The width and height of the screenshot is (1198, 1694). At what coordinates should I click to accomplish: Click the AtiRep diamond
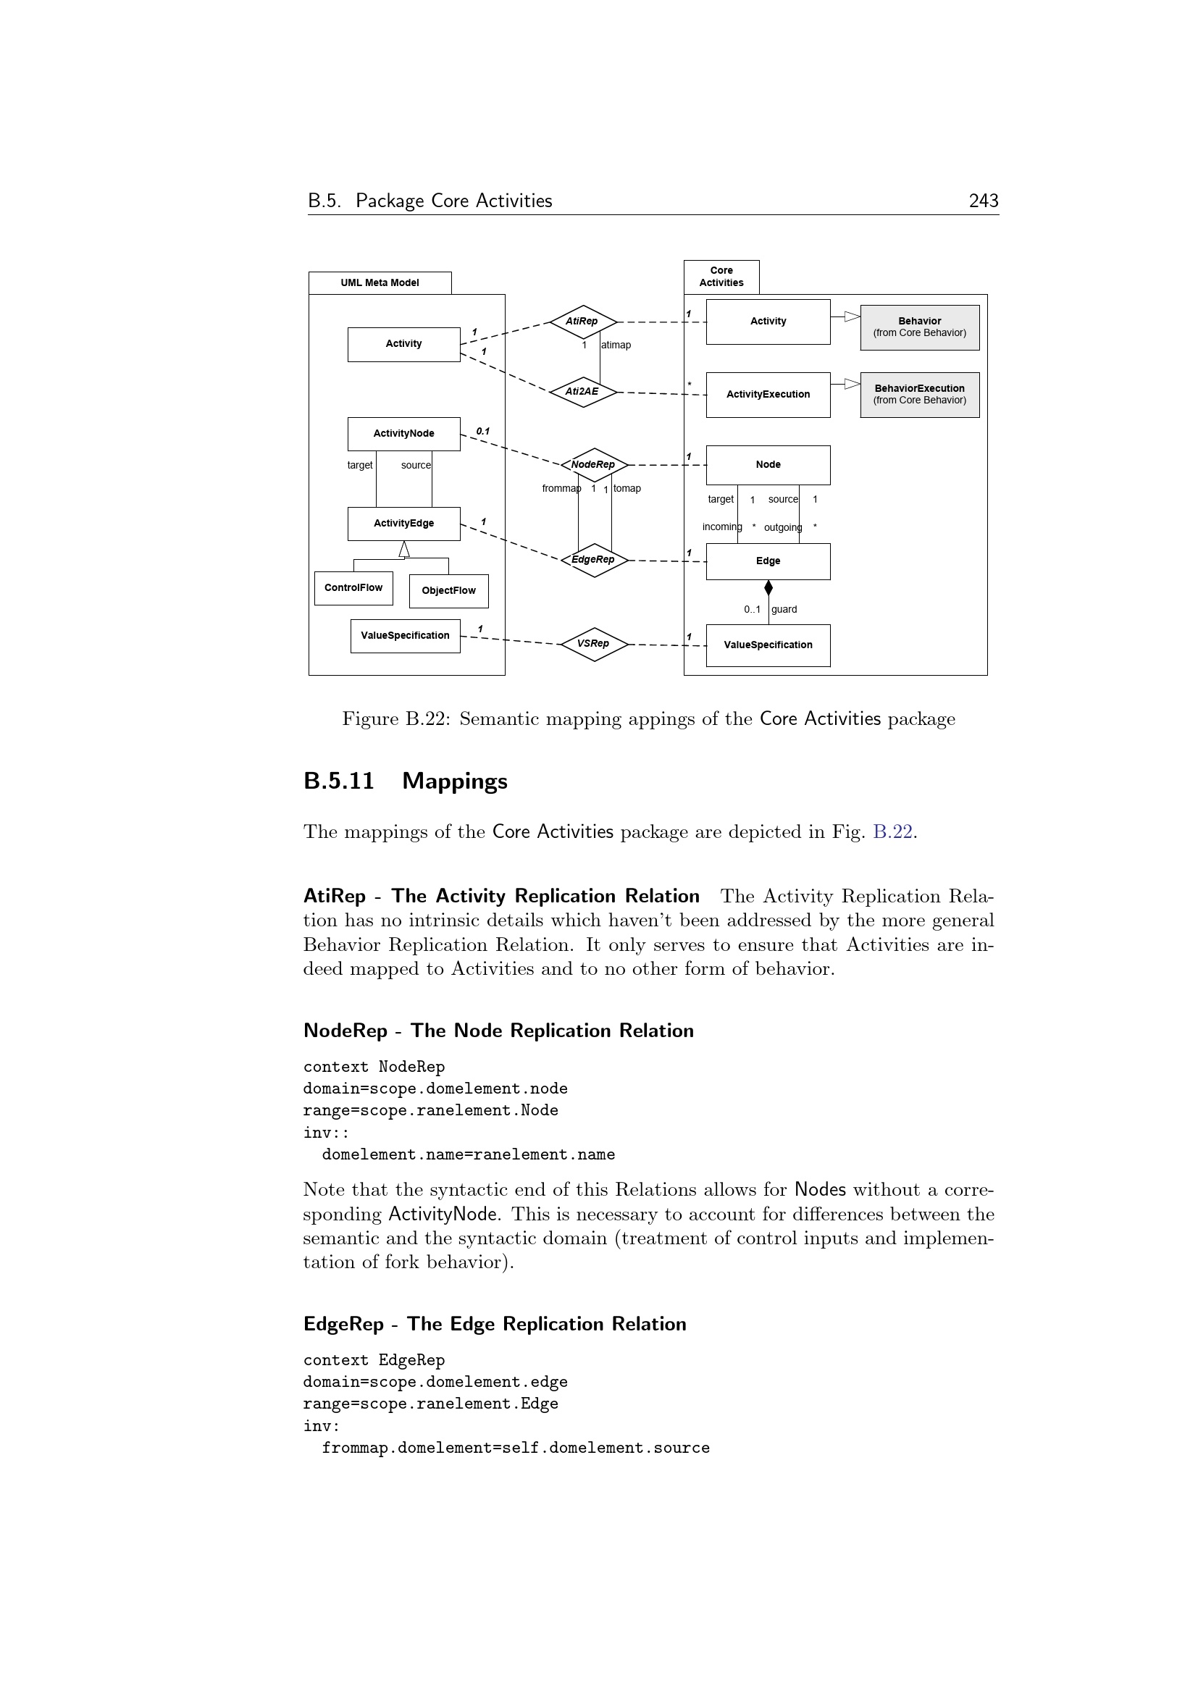tap(583, 322)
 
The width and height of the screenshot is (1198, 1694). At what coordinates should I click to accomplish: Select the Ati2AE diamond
tap(583, 392)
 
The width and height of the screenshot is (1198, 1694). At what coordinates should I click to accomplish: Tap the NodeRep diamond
tap(594, 465)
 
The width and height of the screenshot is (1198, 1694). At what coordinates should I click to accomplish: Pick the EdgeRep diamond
tap(594, 560)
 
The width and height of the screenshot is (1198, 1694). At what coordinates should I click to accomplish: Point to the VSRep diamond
tap(594, 644)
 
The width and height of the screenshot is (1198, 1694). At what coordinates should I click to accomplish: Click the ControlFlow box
tap(353, 588)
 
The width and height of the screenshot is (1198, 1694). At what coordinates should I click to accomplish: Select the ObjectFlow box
tap(448, 591)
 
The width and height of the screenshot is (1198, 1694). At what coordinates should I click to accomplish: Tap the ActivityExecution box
tap(768, 395)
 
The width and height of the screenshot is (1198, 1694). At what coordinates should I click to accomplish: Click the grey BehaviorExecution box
tap(919, 395)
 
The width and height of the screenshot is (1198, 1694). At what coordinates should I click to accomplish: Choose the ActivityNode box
tap(403, 434)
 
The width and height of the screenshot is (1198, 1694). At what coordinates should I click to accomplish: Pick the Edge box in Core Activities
tap(768, 561)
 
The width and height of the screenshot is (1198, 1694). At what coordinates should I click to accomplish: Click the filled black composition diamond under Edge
tap(768, 588)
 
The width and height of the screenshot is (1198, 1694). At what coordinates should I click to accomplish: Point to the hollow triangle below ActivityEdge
tap(404, 550)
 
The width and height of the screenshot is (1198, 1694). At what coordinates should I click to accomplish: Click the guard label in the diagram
tap(784, 609)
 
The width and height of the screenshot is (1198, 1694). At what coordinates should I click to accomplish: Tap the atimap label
tap(616, 345)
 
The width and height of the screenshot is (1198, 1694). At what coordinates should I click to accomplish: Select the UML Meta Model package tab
tap(380, 282)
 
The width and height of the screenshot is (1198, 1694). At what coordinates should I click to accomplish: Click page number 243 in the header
tap(984, 201)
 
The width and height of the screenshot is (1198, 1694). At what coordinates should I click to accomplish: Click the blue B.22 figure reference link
tap(892, 832)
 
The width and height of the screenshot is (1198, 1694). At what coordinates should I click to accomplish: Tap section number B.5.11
tap(338, 781)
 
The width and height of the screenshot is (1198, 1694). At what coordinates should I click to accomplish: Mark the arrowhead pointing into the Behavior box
tap(852, 316)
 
